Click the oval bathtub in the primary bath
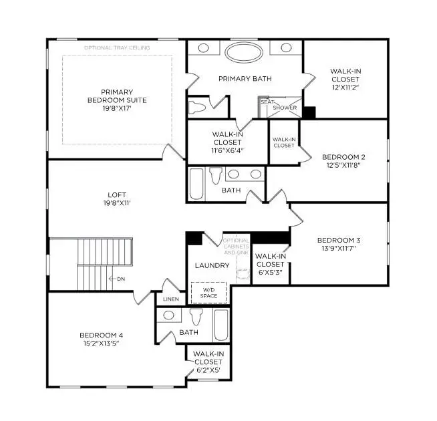pos(245,52)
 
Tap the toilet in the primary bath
pos(197,107)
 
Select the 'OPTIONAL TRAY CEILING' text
pos(117,48)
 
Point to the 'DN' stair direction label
pos(120,278)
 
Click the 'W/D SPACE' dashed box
pos(209,293)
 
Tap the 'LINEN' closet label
pos(170,299)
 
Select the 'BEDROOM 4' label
pos(101,335)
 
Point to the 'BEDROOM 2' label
pos(343,157)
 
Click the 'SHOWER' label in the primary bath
pos(285,108)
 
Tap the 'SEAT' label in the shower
pos(267,102)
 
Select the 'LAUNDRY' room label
pos(212,265)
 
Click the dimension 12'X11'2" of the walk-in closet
pos(345,86)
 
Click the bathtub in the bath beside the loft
pos(196,183)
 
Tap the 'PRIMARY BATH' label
pos(245,79)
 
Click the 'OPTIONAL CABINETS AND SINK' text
pos(236,247)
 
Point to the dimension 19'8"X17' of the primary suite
pos(117,108)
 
